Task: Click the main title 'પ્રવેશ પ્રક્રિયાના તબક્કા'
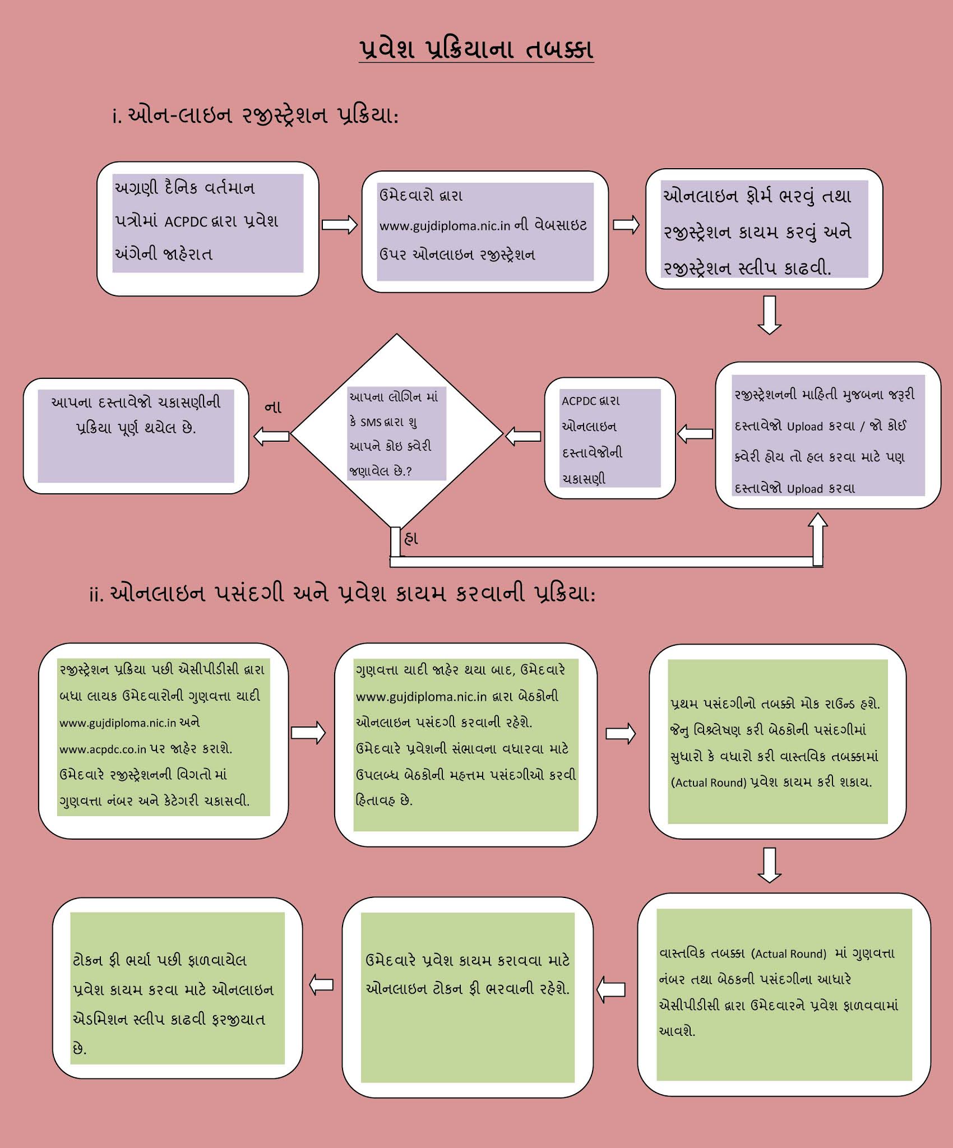[x=476, y=49]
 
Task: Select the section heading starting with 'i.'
[x=255, y=116]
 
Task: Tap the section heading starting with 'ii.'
[x=342, y=593]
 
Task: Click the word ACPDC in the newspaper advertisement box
[x=186, y=222]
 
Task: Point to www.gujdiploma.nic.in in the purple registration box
[x=445, y=226]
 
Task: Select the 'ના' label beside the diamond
[x=273, y=408]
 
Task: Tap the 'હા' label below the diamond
[x=411, y=539]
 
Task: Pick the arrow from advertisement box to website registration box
[x=340, y=224]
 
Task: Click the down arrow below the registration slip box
[x=770, y=315]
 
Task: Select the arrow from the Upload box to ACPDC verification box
[x=695, y=433]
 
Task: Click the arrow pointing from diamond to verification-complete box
[x=271, y=436]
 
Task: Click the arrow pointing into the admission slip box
[x=322, y=984]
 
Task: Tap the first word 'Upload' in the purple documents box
[x=804, y=427]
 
